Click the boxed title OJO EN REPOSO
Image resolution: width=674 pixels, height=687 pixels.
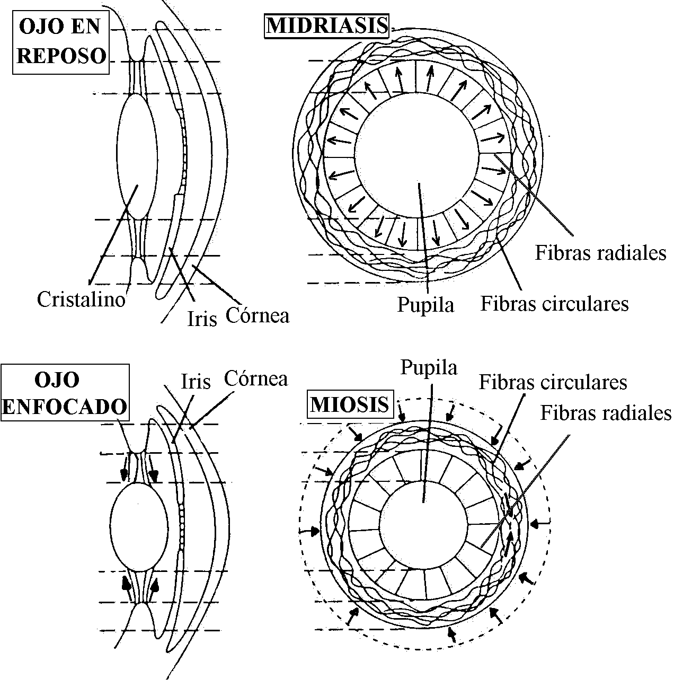tap(60, 41)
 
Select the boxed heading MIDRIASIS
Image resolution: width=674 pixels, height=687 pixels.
tap(326, 25)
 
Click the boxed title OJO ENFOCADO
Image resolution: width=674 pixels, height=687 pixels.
tap(65, 393)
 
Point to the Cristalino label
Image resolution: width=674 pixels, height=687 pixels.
tap(81, 300)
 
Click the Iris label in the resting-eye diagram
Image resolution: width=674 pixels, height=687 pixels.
tap(202, 319)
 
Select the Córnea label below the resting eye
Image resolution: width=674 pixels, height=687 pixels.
tap(258, 315)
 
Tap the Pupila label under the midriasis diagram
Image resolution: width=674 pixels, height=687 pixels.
tap(426, 305)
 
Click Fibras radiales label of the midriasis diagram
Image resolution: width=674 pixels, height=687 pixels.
tap(600, 253)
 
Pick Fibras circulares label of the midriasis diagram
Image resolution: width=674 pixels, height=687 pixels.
tap(554, 304)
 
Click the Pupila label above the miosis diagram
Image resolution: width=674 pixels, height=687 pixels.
tap(429, 367)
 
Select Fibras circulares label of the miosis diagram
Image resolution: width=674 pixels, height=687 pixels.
tap(553, 382)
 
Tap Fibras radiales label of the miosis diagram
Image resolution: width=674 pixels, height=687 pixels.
tap(606, 413)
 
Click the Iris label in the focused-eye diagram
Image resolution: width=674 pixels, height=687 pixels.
tap(196, 382)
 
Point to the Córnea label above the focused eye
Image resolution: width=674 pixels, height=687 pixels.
tap(255, 378)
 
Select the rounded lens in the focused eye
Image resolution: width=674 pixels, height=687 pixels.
tap(139, 527)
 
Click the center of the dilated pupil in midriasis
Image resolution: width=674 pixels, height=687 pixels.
tap(417, 154)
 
